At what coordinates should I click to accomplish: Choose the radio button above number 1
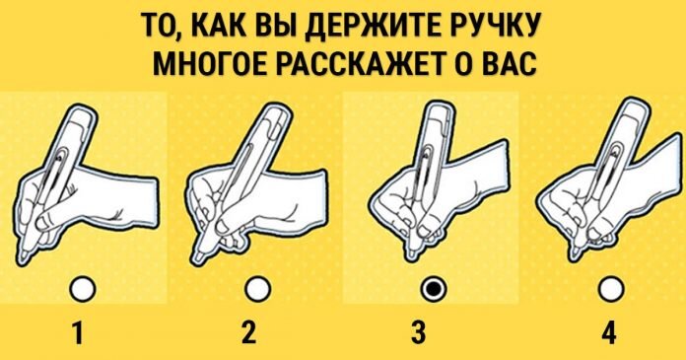pyautogui.click(x=82, y=289)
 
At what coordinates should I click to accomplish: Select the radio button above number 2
pyautogui.click(x=258, y=289)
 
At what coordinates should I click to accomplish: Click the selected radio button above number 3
pyautogui.click(x=434, y=289)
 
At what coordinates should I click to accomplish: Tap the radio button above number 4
pyautogui.click(x=611, y=289)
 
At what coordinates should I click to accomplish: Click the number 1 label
pyautogui.click(x=78, y=332)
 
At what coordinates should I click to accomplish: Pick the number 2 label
pyautogui.click(x=248, y=332)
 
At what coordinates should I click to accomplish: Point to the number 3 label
pyautogui.click(x=418, y=332)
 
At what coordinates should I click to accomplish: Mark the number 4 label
pyautogui.click(x=608, y=332)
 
